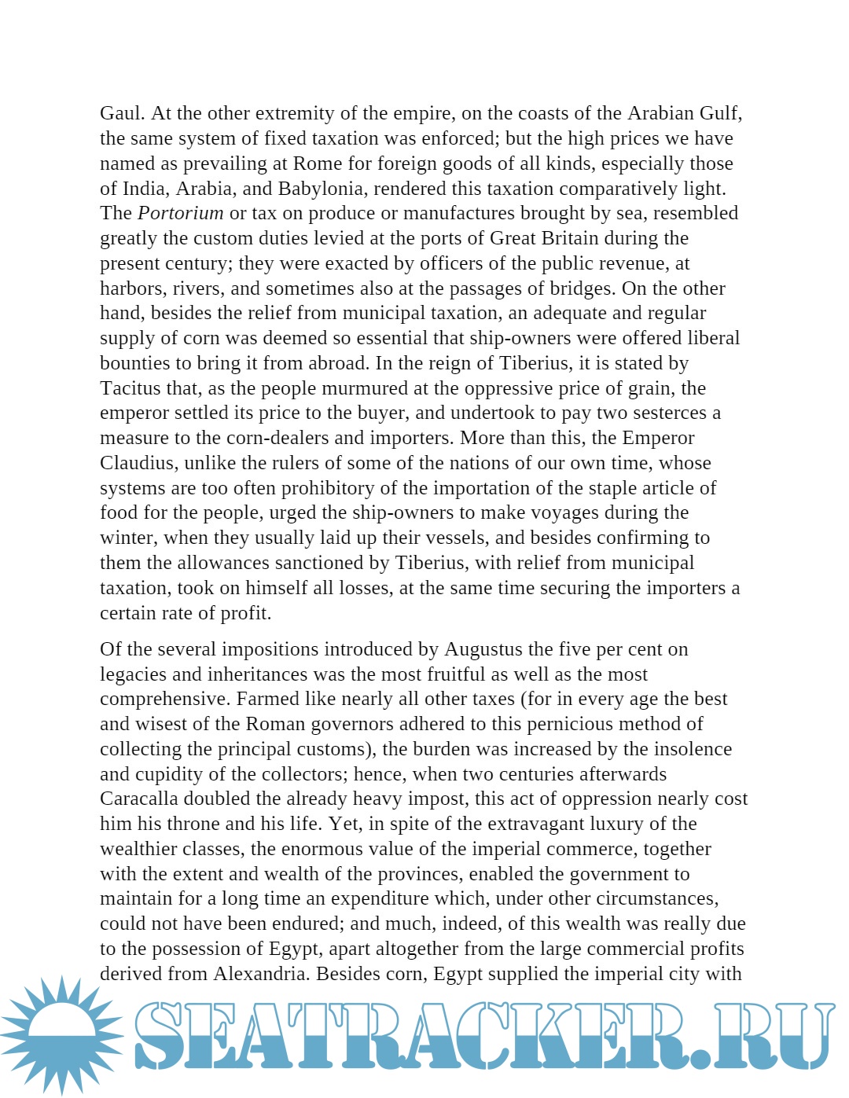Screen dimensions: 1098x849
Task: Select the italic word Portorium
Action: click(180, 213)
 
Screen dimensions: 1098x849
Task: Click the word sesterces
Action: click(667, 413)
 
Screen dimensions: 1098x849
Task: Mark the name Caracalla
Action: click(139, 799)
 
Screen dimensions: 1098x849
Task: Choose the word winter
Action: click(126, 538)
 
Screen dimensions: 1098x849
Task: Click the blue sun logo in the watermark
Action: click(61, 1034)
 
